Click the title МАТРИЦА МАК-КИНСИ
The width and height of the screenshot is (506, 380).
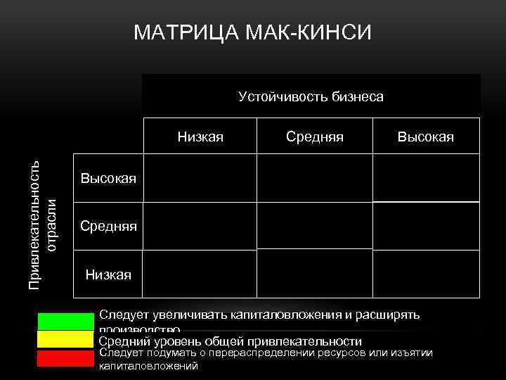[252, 33]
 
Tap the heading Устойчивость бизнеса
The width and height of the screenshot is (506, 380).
[311, 96]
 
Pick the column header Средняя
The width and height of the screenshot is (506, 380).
[314, 137]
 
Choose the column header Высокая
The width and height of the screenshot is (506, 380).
[425, 137]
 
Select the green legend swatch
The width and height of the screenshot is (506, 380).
[65, 321]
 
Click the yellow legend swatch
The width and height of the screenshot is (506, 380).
[65, 340]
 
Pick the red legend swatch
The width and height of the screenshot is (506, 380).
[65, 358]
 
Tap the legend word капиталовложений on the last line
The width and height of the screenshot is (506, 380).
[149, 366]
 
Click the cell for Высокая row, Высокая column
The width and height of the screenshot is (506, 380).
[426, 178]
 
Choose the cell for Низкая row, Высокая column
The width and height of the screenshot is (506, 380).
[426, 274]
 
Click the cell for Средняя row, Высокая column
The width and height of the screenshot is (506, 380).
[426, 226]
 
